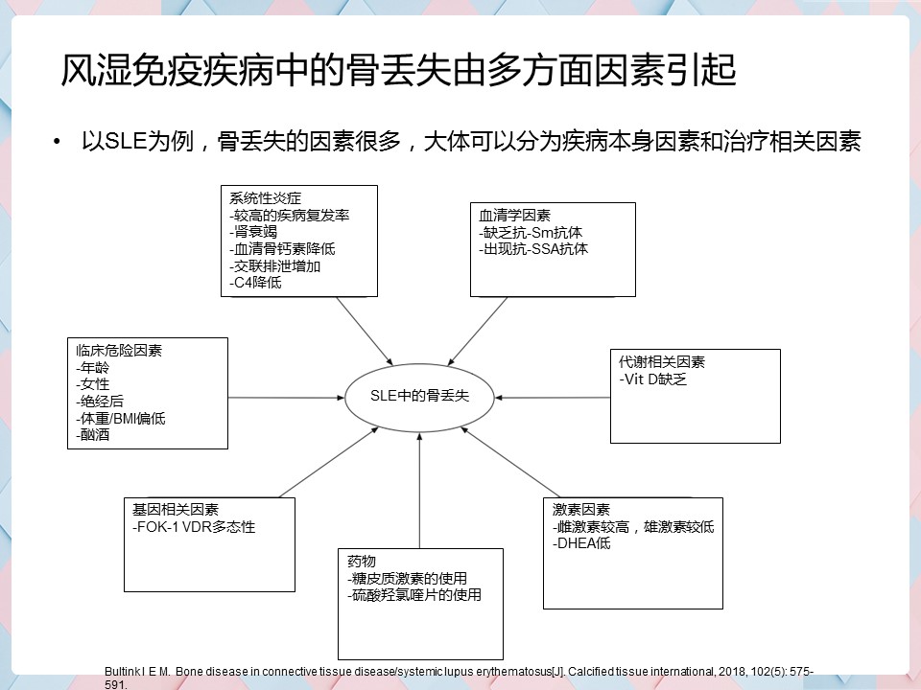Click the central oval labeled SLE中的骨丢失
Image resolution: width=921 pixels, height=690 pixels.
(419, 397)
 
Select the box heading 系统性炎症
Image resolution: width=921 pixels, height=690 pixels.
(265, 198)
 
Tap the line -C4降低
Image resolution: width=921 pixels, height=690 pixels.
(255, 283)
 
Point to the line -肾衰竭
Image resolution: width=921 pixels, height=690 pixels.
(253, 232)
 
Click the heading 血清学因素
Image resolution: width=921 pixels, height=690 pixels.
(514, 216)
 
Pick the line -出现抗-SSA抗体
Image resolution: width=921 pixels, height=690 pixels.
(533, 249)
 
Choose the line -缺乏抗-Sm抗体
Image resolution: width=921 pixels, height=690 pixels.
(531, 232)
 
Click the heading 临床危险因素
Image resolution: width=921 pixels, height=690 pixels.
(119, 351)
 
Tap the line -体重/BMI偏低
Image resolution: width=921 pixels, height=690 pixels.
(121, 419)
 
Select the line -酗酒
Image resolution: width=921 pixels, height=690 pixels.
(93, 435)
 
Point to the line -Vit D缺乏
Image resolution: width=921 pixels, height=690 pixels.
(652, 379)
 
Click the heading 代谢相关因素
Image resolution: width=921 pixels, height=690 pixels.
(661, 362)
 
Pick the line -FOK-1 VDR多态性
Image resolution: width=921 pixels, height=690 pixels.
(194, 527)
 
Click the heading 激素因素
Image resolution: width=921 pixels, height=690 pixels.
(581, 509)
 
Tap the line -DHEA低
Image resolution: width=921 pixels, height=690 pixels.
(581, 543)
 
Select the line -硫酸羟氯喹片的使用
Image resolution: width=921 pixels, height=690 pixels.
(414, 595)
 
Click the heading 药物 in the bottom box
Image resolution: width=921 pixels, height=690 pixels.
(362, 562)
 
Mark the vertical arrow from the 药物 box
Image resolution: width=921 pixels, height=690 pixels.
(419, 491)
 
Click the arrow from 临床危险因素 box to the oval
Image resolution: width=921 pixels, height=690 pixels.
(286, 398)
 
